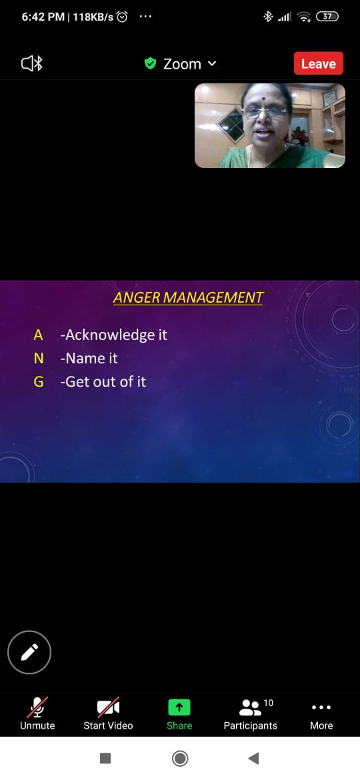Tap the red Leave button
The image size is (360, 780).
318,63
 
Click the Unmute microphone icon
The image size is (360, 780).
38,707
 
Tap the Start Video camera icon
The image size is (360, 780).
109,707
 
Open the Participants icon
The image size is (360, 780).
251,707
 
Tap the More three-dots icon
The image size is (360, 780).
321,707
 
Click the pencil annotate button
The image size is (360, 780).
29,651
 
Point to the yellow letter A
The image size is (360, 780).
38,335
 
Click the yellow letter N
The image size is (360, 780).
38,358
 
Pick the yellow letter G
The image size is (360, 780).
38,381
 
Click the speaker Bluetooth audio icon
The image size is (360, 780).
32,64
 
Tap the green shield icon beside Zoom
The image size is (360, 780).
150,63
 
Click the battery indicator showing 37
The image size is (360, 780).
327,17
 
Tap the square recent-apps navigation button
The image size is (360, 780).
105,758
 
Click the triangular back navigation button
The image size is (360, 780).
253,758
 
